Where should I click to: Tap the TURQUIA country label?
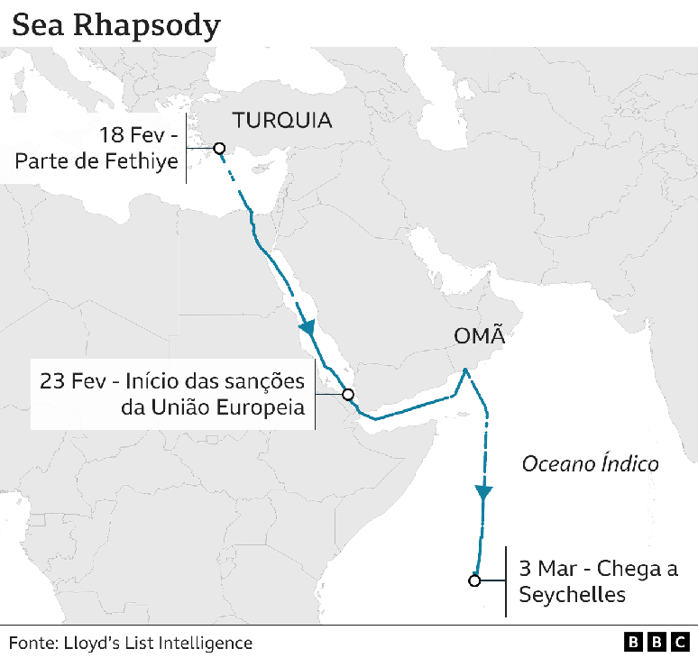pos(282,120)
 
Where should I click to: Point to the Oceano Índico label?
pos(591,464)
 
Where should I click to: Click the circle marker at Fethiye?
pos(217,149)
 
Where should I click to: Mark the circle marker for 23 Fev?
pos(347,394)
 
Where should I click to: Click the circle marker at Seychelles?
pos(474,580)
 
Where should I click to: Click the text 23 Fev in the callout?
pos(72,380)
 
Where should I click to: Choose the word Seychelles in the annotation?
pos(572,595)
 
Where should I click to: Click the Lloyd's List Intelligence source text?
pos(159,643)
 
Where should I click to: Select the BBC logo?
pos(657,643)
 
